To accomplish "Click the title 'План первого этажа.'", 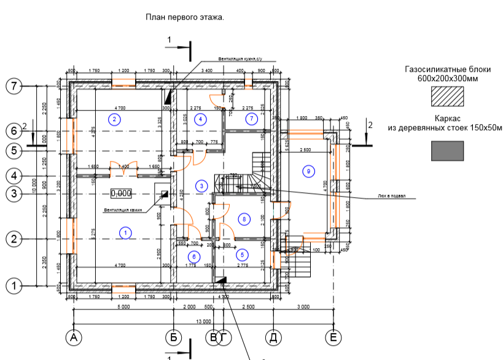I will click(x=184, y=18).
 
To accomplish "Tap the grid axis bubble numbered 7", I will click(x=14, y=86).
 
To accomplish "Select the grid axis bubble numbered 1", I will click(x=14, y=285).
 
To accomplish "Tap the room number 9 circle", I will click(x=308, y=171).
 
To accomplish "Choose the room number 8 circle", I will click(x=244, y=219).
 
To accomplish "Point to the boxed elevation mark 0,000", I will click(x=121, y=194).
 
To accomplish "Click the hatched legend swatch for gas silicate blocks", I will click(x=446, y=96).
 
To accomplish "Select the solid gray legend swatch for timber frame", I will click(x=447, y=151).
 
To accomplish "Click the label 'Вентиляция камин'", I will click(x=123, y=211).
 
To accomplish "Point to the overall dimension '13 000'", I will click(x=203, y=321).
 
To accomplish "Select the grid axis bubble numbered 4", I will click(x=14, y=176).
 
